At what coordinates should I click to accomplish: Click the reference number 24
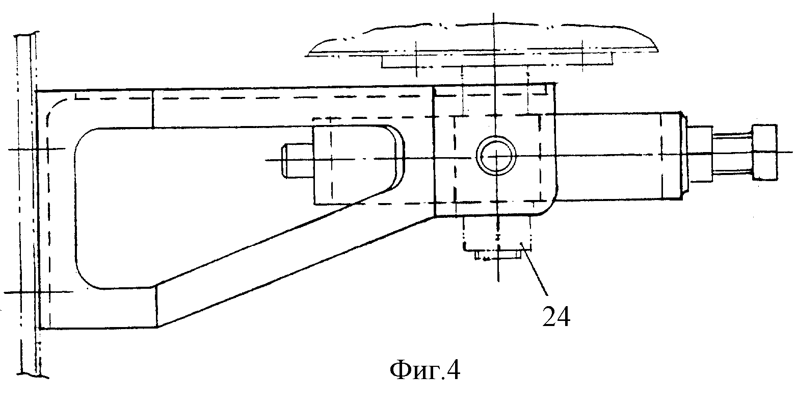point(556,316)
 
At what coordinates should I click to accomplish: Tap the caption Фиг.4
point(425,371)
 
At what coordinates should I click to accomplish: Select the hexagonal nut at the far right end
point(764,152)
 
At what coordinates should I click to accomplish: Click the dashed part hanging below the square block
point(497,234)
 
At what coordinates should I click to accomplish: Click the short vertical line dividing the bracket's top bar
point(153,108)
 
